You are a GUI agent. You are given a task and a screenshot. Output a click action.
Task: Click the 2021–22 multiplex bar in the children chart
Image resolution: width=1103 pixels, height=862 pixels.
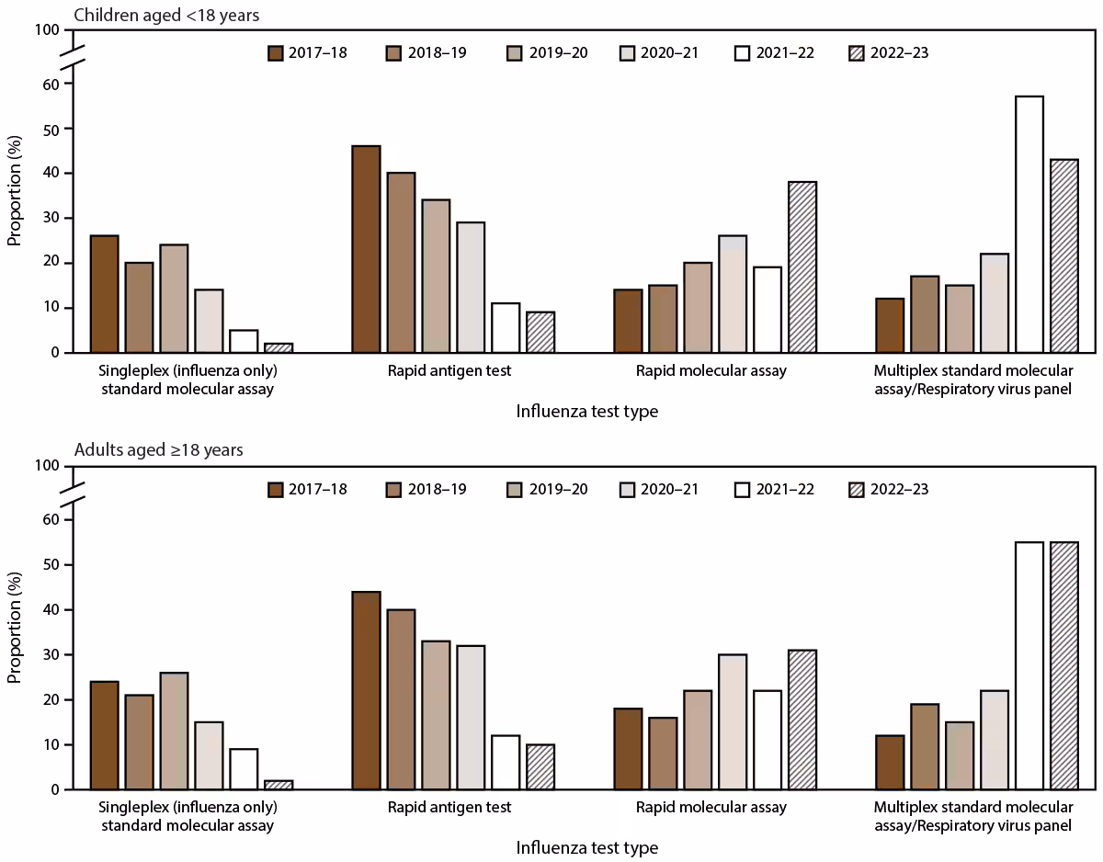1029,224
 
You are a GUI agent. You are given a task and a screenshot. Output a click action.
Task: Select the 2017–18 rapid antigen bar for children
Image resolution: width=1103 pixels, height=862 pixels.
366,249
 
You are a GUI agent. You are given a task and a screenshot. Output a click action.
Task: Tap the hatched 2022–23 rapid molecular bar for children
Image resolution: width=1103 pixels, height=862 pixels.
802,267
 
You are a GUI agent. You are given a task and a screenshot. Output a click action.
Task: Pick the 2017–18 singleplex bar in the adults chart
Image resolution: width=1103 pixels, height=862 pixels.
104,735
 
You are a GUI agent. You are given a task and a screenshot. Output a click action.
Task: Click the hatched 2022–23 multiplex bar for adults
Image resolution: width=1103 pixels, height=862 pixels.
1063,665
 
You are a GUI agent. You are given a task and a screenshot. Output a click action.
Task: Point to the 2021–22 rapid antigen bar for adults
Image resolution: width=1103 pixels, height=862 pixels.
506,762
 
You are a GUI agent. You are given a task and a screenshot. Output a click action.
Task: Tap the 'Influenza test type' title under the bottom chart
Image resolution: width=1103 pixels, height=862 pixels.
587,847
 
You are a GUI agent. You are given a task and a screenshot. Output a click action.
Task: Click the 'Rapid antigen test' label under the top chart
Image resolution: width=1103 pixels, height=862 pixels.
449,371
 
